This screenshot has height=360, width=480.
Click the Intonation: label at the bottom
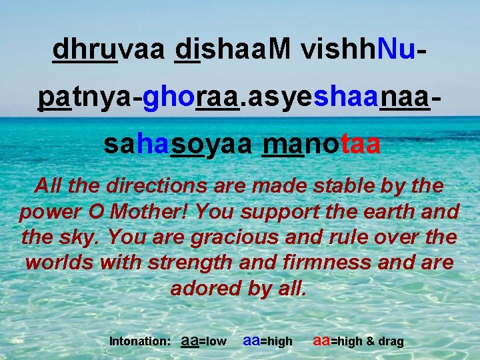click(x=139, y=341)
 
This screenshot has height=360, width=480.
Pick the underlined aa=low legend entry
click(x=204, y=341)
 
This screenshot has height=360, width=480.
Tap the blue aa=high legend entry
click(x=268, y=341)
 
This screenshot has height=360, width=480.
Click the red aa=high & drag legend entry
click(x=359, y=341)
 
